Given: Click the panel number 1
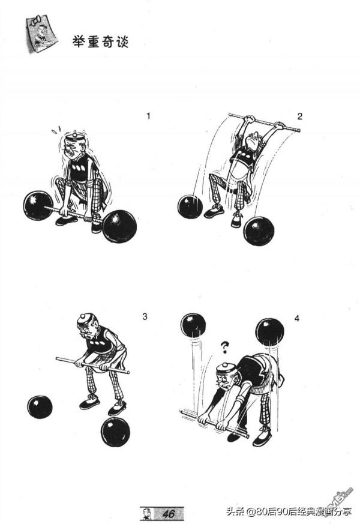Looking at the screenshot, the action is pos(148,116).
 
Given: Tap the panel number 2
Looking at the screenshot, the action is pos(299,116).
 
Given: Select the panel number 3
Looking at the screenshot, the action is pos(145,316).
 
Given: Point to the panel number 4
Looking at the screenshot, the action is pos(297,319).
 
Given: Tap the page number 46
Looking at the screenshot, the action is pos(169,513).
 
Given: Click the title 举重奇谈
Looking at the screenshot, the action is pos(101,42).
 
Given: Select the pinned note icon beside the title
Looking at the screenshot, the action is pos(41,33).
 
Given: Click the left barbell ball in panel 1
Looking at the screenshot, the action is pos(38,205).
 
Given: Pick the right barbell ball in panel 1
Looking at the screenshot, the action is pos(119,226).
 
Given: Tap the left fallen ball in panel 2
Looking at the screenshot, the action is pos(190,207).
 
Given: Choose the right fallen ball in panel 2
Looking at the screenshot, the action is pos(259,231).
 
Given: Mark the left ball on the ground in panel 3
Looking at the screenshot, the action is pos(40,407).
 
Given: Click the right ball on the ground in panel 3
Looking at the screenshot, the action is pos(115,432).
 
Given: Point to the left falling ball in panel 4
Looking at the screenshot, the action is pos(193,325).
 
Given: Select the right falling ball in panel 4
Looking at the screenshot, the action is pos(269,332).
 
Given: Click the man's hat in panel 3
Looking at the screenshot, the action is pos(85,319).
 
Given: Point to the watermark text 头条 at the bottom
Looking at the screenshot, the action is pos(236,511).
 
